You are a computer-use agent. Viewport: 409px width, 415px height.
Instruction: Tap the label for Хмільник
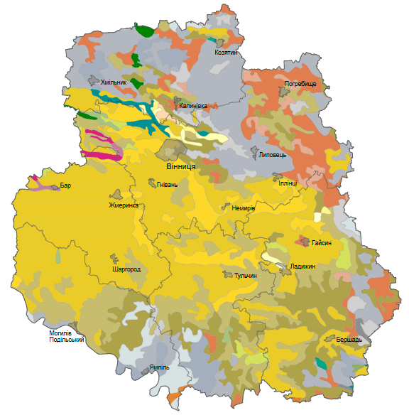(x=114, y=83)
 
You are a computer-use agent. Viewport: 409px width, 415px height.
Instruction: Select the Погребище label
(x=300, y=83)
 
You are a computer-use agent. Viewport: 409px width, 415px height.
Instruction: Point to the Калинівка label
(x=192, y=106)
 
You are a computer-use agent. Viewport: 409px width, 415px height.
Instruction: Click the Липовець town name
(x=273, y=154)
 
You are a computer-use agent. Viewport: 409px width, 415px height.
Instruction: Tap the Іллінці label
(x=287, y=183)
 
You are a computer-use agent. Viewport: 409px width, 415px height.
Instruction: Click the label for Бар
(x=65, y=185)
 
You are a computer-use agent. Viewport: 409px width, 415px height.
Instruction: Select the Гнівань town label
(x=168, y=185)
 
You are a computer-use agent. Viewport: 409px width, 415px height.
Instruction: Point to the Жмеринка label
(x=123, y=205)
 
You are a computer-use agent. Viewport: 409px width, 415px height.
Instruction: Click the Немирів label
(x=244, y=208)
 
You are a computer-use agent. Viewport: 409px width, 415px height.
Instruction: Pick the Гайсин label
(x=322, y=243)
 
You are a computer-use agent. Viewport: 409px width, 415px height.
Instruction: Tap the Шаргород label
(x=126, y=270)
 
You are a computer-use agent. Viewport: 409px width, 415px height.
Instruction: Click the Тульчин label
(x=245, y=274)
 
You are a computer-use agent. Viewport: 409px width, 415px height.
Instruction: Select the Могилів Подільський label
(x=67, y=336)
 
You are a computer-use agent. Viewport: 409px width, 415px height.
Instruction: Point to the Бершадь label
(x=349, y=340)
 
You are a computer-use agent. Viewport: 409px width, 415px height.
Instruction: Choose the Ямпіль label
(x=160, y=367)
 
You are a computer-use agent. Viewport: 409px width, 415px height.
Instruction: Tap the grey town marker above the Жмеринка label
(x=116, y=194)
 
